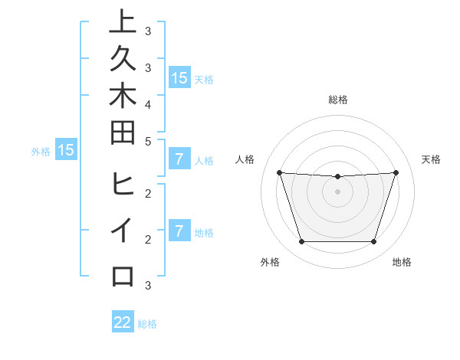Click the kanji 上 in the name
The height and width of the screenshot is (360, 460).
[x=123, y=21]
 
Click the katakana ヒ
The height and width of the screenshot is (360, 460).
[x=123, y=185]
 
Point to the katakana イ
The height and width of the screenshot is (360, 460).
[x=123, y=231]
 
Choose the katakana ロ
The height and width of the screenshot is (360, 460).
[x=123, y=276]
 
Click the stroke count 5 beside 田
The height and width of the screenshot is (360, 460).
[x=148, y=141]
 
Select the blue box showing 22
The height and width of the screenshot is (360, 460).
[x=123, y=322]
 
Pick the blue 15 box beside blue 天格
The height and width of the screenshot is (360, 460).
[x=179, y=77]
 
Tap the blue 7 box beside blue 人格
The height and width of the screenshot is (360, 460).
[x=179, y=159]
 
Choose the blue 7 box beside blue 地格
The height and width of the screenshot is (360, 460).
[x=179, y=231]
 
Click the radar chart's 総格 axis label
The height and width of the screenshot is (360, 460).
[x=337, y=100]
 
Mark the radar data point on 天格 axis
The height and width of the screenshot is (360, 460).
[x=396, y=172]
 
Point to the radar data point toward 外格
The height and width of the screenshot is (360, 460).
[x=301, y=242]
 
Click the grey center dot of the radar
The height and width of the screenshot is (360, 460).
[x=337, y=191]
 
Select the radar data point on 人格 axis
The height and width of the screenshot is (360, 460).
[x=279, y=172]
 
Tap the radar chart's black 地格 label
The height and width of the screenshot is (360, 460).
[x=402, y=262]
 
